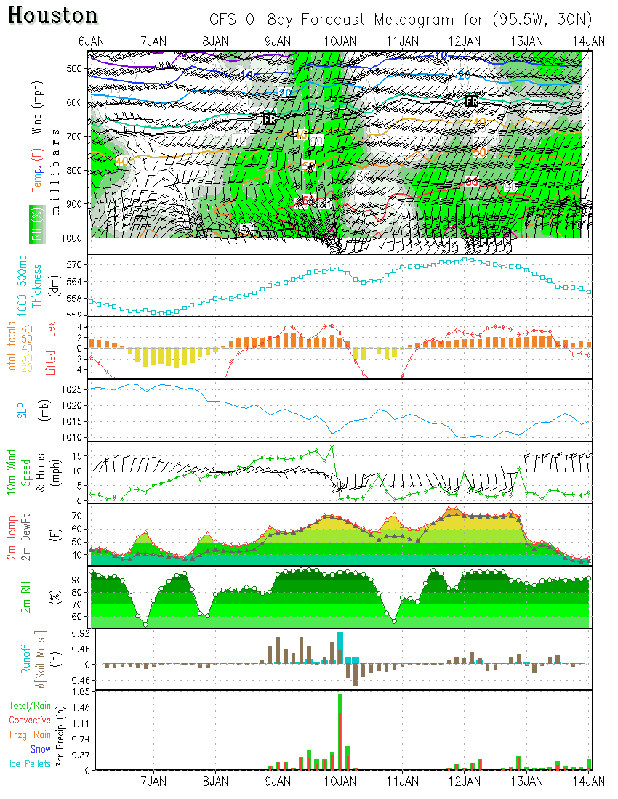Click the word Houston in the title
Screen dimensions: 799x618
(x=53, y=15)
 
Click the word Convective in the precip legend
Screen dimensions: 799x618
(x=31, y=721)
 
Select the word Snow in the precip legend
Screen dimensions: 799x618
(x=40, y=749)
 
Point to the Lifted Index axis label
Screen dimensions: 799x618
(x=51, y=348)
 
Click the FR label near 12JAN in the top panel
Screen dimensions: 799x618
(x=472, y=101)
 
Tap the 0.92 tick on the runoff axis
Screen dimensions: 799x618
(x=69, y=634)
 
